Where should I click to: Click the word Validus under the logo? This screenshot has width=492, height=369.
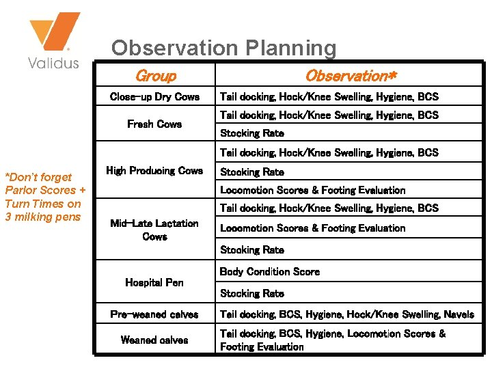point(53,64)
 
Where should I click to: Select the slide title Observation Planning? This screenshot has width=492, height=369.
point(223,48)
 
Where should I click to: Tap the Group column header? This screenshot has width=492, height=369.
point(155,76)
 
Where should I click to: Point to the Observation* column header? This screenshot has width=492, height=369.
point(350,76)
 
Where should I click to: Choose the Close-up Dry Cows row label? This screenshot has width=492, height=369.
point(154,96)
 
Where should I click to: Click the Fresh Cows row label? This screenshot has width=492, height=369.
point(154,124)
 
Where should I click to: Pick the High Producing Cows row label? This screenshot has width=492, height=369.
point(154,170)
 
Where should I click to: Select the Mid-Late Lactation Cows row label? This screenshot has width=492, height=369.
point(154,230)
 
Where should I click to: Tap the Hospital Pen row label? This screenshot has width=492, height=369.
point(154,282)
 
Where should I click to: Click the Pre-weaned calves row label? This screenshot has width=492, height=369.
point(154,314)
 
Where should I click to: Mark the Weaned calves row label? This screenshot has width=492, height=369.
point(154,340)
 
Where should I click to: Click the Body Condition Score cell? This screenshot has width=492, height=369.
point(269,271)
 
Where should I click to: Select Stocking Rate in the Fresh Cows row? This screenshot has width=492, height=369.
point(251,133)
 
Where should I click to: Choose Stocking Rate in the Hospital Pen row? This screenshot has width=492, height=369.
point(251,293)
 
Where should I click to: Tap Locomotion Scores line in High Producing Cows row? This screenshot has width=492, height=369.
point(312,190)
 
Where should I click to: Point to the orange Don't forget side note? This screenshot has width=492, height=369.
point(45,197)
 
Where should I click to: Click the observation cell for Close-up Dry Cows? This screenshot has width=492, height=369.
point(329,96)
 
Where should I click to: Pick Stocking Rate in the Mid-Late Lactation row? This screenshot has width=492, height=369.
point(251,250)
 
